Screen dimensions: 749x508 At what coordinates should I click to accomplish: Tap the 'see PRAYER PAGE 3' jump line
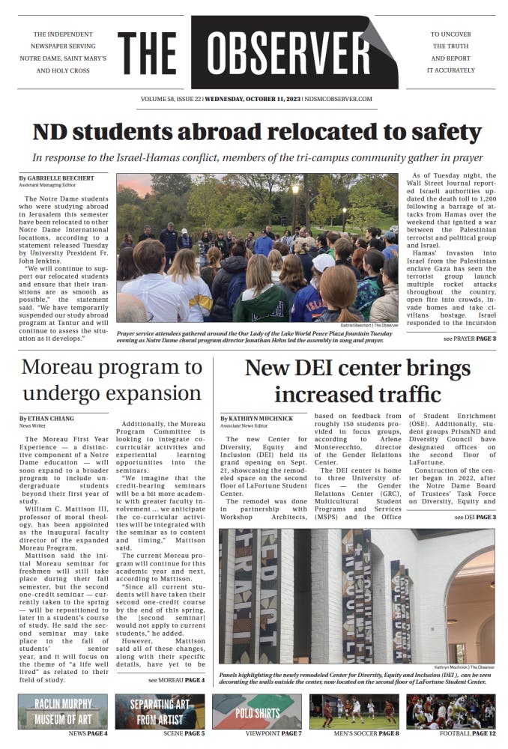point(469,339)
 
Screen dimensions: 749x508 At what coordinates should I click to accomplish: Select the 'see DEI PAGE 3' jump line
point(474,517)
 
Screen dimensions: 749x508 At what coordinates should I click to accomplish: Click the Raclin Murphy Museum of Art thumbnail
point(63,711)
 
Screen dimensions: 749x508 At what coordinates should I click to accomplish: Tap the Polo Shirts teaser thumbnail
point(256,711)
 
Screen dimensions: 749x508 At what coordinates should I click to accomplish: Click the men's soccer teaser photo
point(354,711)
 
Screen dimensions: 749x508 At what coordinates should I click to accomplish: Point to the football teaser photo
point(450,711)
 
